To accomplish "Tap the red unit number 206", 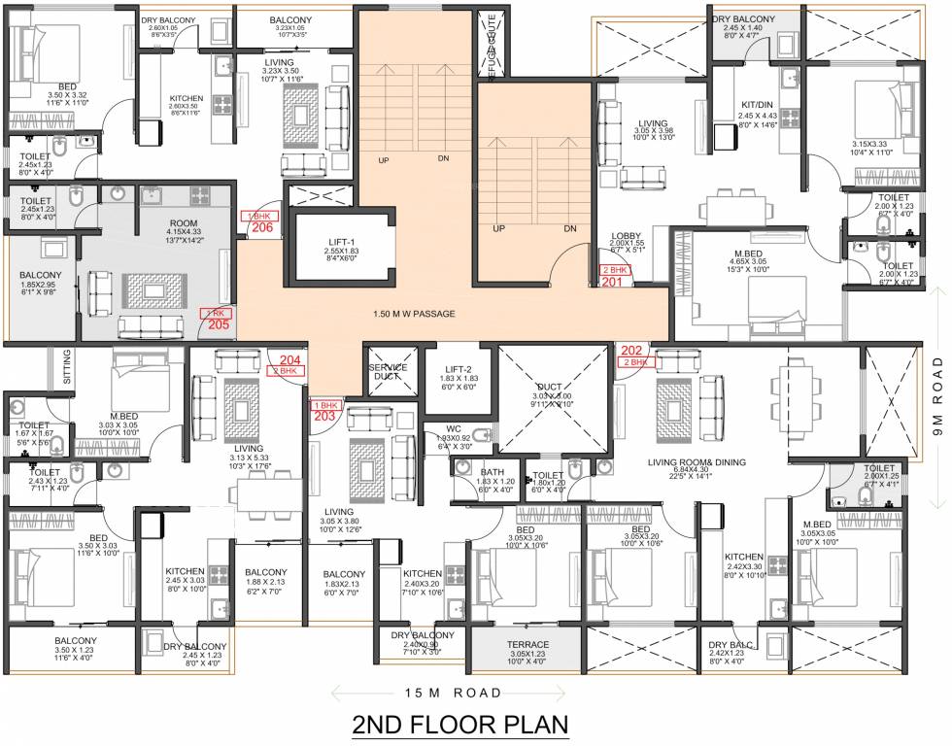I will point(260,229).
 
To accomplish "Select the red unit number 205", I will point(218,324).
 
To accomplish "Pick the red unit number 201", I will point(613,281).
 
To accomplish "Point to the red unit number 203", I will point(323,416).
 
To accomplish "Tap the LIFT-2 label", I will point(460,367).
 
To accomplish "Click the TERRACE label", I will point(526,644).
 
